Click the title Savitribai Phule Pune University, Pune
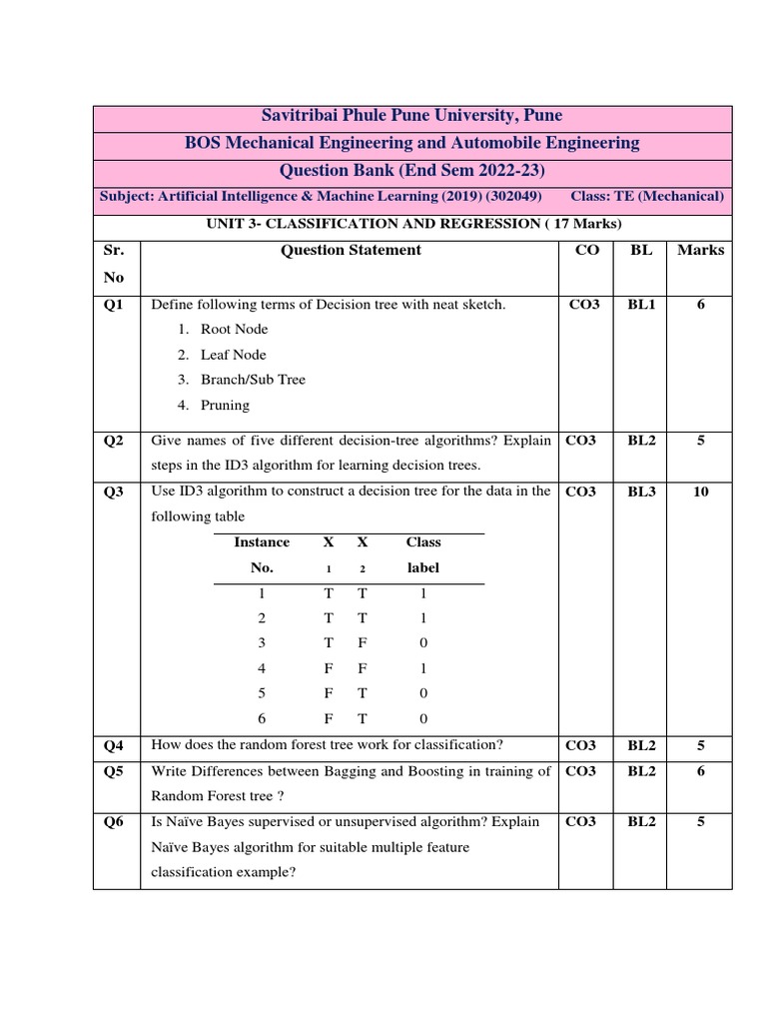tap(411, 117)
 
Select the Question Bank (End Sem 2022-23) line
tap(411, 170)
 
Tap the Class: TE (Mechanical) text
tap(648, 197)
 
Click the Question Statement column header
tap(351, 251)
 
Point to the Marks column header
tap(700, 251)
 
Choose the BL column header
tap(641, 251)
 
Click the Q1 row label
tap(114, 305)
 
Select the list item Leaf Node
tap(233, 355)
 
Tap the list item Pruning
tap(225, 406)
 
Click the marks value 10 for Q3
tap(700, 492)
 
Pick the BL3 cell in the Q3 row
tap(641, 492)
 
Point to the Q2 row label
tap(114, 441)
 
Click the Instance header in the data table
tap(262, 542)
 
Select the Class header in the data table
tap(422, 542)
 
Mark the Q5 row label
tap(114, 771)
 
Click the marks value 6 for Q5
tap(700, 771)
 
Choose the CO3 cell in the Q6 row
tap(583, 822)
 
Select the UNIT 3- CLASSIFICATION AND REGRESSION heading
tap(411, 224)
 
